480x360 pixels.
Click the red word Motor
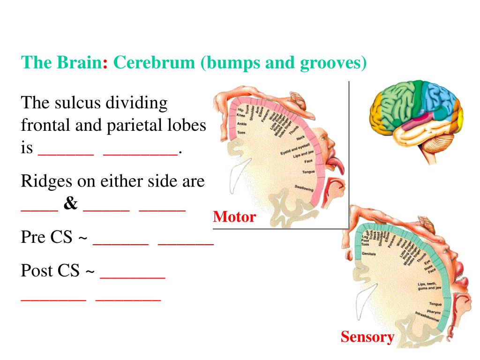click(x=234, y=217)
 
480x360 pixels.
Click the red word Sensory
click(x=367, y=337)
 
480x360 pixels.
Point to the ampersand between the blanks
click(x=71, y=205)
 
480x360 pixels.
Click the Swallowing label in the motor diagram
click(x=304, y=188)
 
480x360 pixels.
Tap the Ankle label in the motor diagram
click(x=241, y=124)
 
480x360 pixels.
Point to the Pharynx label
click(x=434, y=311)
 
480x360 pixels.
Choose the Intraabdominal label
click(x=427, y=316)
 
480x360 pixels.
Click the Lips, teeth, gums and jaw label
click(x=427, y=286)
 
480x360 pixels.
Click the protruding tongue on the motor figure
click(x=338, y=164)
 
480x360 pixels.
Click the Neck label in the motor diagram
click(x=300, y=138)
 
